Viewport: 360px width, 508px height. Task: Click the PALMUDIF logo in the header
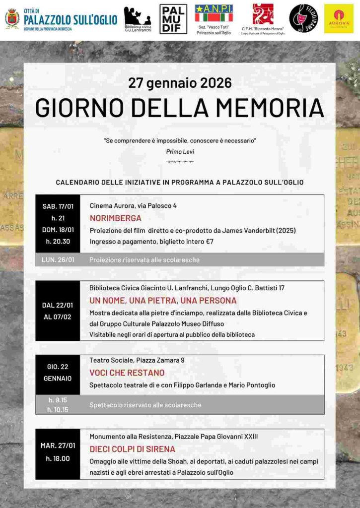click(x=173, y=19)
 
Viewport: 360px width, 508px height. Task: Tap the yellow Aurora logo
click(x=339, y=18)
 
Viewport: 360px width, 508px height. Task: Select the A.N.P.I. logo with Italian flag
click(x=214, y=14)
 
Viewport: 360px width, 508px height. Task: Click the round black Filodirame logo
click(x=303, y=18)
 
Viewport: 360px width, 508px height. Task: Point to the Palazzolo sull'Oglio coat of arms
click(x=12, y=18)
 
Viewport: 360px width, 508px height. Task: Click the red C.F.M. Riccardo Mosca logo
click(x=263, y=14)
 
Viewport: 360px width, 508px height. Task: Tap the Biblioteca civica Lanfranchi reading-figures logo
click(x=137, y=16)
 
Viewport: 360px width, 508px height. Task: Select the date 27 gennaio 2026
click(x=180, y=82)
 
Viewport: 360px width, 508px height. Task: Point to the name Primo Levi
click(x=180, y=151)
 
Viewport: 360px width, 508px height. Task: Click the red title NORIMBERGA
click(x=116, y=218)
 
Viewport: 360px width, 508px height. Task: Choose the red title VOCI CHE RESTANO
click(x=127, y=373)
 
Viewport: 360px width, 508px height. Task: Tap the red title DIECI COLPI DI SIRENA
click(x=132, y=449)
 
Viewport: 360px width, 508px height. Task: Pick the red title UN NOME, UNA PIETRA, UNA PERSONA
click(x=163, y=300)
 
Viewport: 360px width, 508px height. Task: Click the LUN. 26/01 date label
click(x=58, y=259)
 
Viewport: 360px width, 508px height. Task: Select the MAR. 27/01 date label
click(x=58, y=445)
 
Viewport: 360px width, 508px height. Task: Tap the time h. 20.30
click(x=58, y=241)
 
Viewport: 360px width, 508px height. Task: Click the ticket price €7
click(x=210, y=242)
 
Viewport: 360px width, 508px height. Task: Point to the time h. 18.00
click(x=58, y=458)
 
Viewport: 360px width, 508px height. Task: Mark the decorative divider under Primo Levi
click(x=180, y=162)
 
